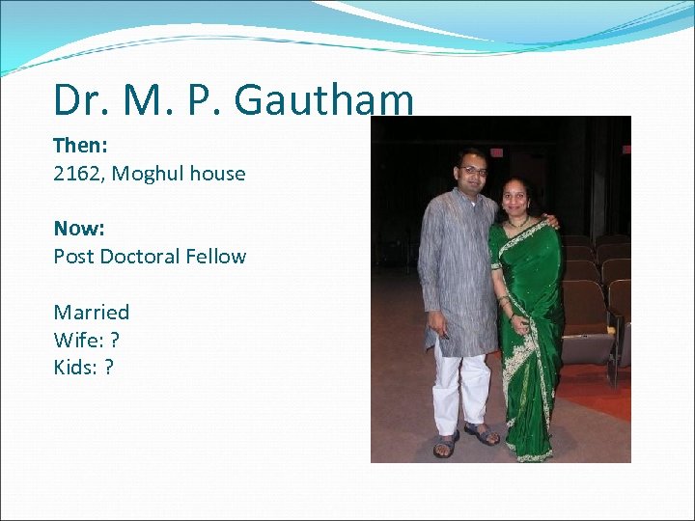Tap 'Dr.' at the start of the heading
coord(78,100)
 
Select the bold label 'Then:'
coord(79,146)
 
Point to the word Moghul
coord(150,175)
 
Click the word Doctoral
coord(139,257)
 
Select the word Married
coord(92,312)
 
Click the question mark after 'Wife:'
coord(115,340)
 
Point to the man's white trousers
coord(460,386)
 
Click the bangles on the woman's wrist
coord(505,304)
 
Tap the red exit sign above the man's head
coord(496,151)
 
